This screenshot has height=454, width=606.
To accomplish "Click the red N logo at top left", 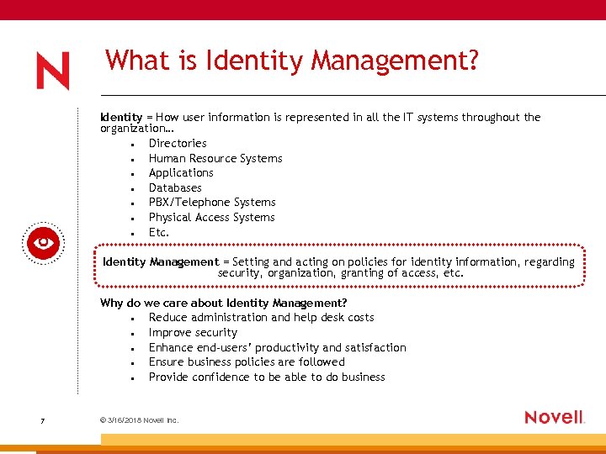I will coord(52,71).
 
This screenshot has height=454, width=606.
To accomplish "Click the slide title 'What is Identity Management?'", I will coord(291,61).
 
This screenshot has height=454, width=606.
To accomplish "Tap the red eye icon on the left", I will coord(42,244).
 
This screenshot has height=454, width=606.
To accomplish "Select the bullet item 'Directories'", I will coord(178,144).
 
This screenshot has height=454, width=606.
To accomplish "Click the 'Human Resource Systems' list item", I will coord(215,158).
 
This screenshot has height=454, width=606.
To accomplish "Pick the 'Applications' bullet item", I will coord(181,173).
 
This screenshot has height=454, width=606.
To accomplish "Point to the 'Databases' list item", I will coord(175,187).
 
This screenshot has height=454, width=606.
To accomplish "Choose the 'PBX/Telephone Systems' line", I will coord(212,203).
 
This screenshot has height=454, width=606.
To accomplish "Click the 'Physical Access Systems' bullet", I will coord(211,218).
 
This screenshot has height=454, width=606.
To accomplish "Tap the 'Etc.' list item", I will coord(159,232).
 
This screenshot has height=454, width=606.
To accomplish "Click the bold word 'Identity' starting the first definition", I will coord(120,118).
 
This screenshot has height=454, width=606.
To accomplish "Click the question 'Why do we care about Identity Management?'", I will coord(224,303).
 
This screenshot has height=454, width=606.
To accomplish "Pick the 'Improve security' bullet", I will coord(193,333).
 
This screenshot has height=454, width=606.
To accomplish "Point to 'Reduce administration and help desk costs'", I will coord(261,318).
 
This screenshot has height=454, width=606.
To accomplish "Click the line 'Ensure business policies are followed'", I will coord(247,362).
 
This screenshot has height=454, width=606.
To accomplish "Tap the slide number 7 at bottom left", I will coord(42,420).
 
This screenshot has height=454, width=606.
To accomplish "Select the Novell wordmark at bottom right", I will coord(554,417).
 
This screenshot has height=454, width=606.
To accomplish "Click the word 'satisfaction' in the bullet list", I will coord(375,348).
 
